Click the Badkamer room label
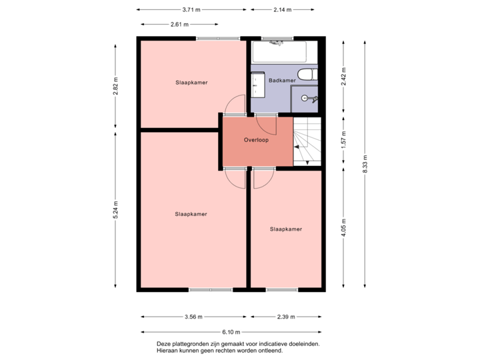point(282,81)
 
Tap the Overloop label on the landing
point(256,141)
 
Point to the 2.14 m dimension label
point(282,10)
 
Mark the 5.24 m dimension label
point(116,211)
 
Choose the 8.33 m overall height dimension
point(365,163)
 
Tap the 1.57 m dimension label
point(343,140)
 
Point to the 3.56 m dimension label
point(193,317)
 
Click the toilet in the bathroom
point(306,75)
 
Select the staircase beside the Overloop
point(307,141)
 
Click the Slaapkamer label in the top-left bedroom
point(191,83)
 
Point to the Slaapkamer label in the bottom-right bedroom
point(286,229)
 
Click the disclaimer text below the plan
point(238,347)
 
